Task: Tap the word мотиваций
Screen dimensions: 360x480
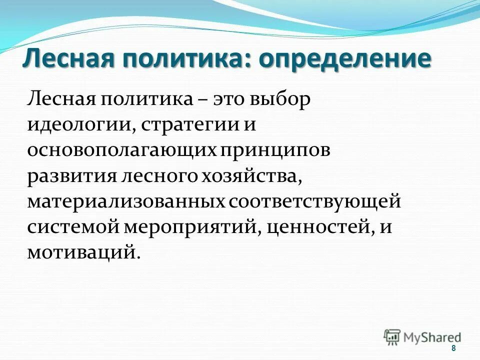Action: coord(81,251)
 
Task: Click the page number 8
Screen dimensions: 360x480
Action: coord(453,348)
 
